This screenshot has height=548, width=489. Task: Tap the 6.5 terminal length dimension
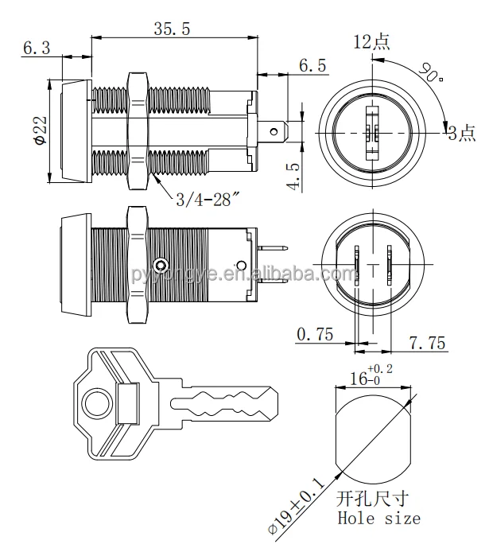coord(312,67)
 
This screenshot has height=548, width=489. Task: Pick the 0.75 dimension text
coord(316,334)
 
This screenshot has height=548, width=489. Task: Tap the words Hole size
coord(380,519)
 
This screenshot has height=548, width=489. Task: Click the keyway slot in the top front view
coord(371,132)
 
